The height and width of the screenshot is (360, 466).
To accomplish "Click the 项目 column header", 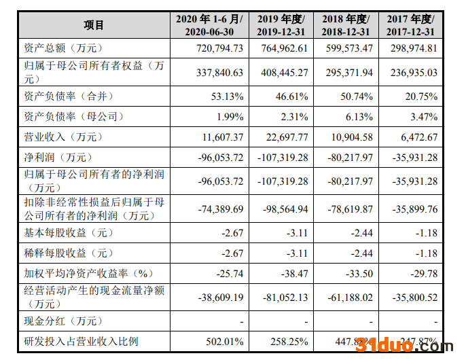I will (x=94, y=25).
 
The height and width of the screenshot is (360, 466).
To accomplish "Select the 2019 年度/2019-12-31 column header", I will (x=281, y=25).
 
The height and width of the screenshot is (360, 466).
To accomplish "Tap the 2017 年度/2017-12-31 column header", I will (x=410, y=25).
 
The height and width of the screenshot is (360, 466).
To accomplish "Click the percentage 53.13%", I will (x=227, y=96).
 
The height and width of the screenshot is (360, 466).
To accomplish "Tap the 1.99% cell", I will (x=230, y=117).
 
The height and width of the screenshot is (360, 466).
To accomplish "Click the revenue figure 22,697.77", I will (x=284, y=137).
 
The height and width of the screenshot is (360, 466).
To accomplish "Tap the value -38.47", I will (x=294, y=273).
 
